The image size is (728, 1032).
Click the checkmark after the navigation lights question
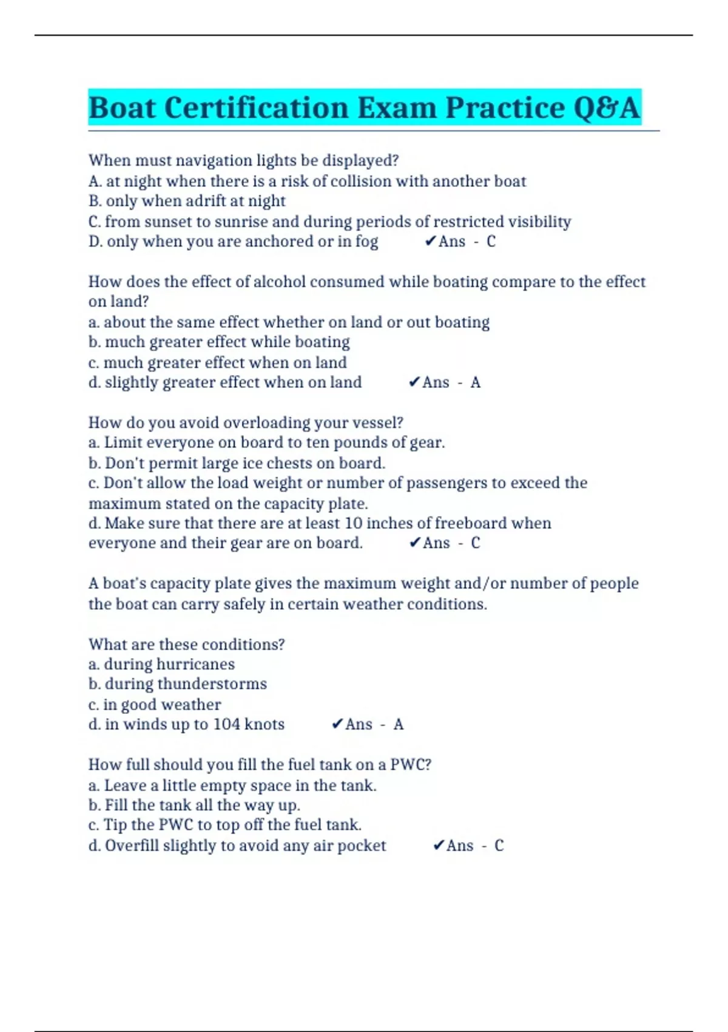click(430, 242)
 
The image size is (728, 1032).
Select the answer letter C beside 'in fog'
click(491, 242)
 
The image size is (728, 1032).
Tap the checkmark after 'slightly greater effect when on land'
click(414, 382)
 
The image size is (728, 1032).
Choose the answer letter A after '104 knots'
click(398, 724)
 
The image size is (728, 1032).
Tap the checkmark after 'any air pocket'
click(438, 846)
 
